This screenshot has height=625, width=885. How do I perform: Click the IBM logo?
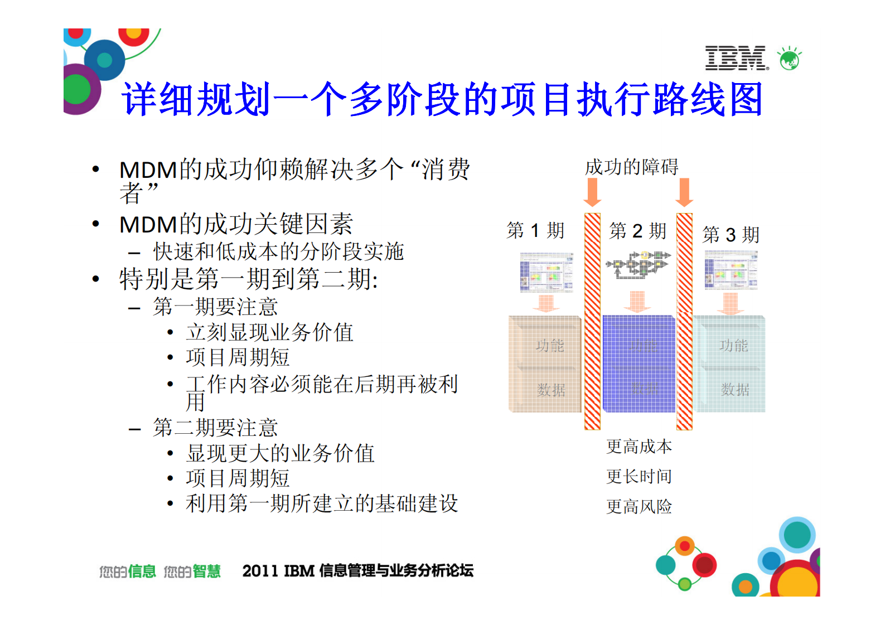(x=736, y=58)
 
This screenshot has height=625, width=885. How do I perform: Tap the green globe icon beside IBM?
(x=790, y=59)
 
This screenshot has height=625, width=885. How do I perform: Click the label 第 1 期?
(x=535, y=230)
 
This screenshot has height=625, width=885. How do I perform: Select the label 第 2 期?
(x=638, y=230)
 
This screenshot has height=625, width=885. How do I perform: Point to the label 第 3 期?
(x=731, y=235)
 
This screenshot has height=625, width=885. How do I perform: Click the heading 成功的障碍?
(x=631, y=167)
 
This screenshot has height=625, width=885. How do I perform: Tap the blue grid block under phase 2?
(x=639, y=364)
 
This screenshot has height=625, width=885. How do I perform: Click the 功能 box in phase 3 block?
(x=733, y=346)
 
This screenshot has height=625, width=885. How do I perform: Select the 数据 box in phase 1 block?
(x=550, y=390)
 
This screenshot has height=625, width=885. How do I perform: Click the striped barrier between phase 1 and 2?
(x=592, y=321)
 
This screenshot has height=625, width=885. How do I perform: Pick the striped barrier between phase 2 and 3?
(x=684, y=321)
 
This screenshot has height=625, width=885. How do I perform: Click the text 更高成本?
(x=639, y=446)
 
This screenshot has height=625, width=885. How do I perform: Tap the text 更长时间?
(x=639, y=476)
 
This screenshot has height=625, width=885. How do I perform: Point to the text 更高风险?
(x=639, y=506)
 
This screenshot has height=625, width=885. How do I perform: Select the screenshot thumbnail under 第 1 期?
(x=547, y=272)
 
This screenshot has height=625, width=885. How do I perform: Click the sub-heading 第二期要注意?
(x=215, y=428)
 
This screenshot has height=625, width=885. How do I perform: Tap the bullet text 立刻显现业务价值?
(x=270, y=332)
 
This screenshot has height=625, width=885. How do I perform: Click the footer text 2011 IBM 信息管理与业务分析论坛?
(x=357, y=570)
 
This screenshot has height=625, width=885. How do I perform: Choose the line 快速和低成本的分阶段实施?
(x=278, y=251)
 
